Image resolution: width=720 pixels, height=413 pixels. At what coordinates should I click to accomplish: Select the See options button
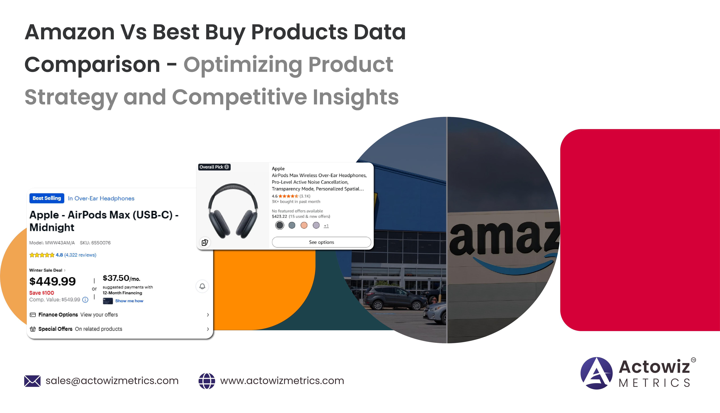tap(322, 242)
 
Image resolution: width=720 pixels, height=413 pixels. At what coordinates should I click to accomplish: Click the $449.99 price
tap(53, 281)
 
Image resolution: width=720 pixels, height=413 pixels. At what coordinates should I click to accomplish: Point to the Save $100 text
tap(42, 293)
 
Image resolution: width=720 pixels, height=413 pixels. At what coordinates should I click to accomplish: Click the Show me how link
tap(129, 301)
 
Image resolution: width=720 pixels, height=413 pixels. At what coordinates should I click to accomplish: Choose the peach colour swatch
tap(304, 226)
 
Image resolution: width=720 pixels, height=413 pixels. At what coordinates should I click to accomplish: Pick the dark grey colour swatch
tap(280, 226)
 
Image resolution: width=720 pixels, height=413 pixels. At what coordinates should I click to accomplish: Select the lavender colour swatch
tap(316, 226)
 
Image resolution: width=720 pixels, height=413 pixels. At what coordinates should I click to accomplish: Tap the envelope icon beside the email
tap(32, 381)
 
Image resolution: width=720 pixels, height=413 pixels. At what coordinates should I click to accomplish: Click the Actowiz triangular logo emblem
tap(596, 373)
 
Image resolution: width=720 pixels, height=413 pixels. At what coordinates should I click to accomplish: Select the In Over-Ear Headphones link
tap(101, 199)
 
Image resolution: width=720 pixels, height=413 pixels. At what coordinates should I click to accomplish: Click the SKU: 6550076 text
tap(95, 243)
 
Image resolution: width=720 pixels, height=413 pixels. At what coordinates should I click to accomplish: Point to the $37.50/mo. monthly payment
tap(121, 278)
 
